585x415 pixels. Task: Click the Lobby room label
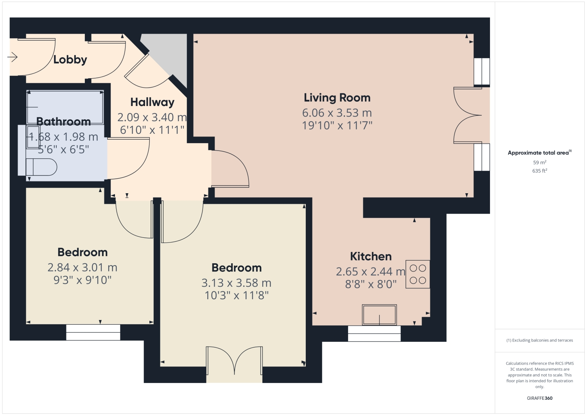click(70, 59)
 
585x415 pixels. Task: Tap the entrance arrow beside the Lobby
click(13, 57)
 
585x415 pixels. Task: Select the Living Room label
click(337, 98)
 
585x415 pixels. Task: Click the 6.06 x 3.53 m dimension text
click(337, 113)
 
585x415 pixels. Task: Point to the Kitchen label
click(371, 257)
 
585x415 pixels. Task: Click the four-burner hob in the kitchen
click(418, 274)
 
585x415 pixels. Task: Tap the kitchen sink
click(379, 315)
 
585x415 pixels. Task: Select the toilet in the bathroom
click(41, 167)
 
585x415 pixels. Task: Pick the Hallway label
click(152, 102)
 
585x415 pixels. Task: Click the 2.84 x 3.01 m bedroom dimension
click(82, 268)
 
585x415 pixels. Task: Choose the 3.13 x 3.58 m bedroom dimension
click(236, 283)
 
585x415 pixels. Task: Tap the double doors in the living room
click(468, 115)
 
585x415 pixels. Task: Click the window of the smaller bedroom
click(93, 332)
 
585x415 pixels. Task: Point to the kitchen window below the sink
click(374, 333)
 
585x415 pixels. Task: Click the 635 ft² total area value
click(539, 171)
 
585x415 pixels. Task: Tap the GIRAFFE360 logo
click(539, 398)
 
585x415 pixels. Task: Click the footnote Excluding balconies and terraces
click(539, 340)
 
